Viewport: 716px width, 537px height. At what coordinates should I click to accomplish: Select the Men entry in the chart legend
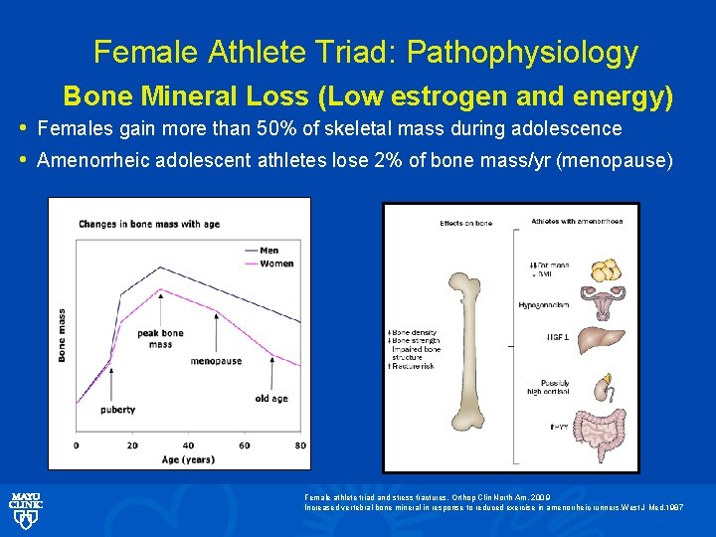268,251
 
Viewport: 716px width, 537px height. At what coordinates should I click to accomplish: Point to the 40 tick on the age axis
189,445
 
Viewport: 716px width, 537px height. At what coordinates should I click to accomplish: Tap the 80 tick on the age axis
300,445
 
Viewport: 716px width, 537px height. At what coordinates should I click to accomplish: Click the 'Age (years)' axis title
188,458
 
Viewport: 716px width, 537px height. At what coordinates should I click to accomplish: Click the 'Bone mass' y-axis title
63,335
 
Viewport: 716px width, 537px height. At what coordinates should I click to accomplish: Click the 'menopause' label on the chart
216,361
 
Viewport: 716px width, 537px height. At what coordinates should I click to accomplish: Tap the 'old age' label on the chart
270,399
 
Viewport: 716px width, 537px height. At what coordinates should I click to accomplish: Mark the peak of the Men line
162,267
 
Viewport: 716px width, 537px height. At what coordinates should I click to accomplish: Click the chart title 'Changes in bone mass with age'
150,224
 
